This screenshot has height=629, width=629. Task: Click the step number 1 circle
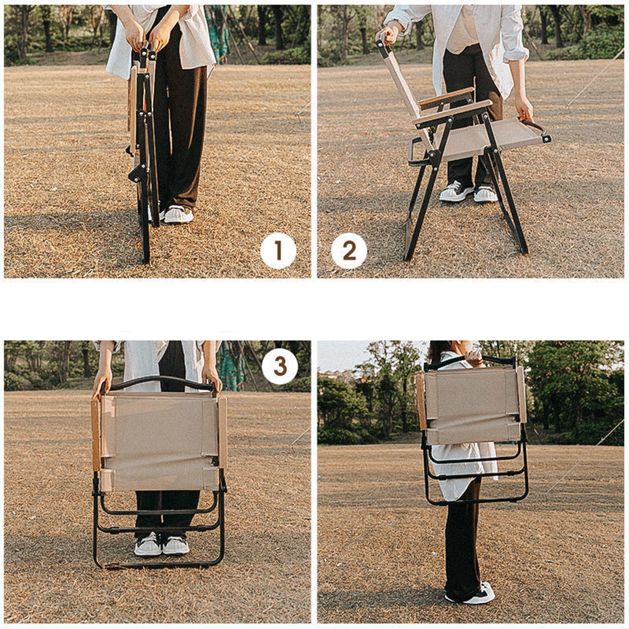(278, 250)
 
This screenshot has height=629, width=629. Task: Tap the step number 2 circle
(349, 250)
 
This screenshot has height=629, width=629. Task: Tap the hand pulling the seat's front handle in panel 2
(525, 112)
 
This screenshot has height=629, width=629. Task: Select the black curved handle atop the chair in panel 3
(161, 380)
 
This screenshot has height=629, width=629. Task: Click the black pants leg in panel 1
(181, 130)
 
